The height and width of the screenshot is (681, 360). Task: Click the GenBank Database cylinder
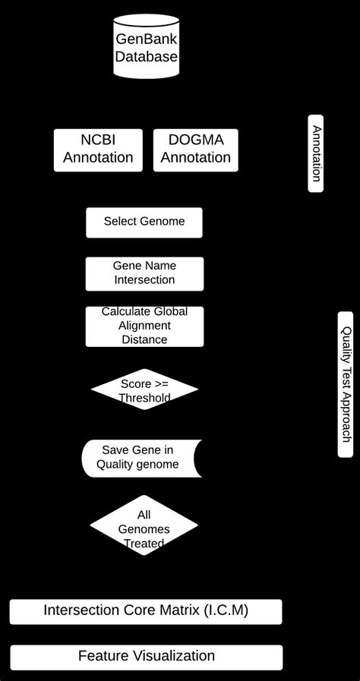pyautogui.click(x=147, y=47)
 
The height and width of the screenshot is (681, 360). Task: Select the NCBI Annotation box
pyautogui.click(x=98, y=150)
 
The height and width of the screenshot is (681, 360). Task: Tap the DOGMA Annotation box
pyautogui.click(x=195, y=150)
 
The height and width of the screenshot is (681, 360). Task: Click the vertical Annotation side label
pyautogui.click(x=315, y=153)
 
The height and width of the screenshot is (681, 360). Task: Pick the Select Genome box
pyautogui.click(x=144, y=222)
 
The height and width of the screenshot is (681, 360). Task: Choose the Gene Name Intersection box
pyautogui.click(x=144, y=273)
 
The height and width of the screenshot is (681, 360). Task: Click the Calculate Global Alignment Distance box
pyautogui.click(x=144, y=326)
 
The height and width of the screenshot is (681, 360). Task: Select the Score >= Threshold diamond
pyautogui.click(x=144, y=390)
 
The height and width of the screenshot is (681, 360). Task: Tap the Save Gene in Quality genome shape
pyautogui.click(x=141, y=458)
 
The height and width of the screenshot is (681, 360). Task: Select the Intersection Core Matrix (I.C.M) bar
pyautogui.click(x=146, y=611)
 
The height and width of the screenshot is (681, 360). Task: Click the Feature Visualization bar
pyautogui.click(x=147, y=657)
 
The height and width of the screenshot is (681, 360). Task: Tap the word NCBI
pyautogui.click(x=98, y=140)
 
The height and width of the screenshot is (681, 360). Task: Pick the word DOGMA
pyautogui.click(x=195, y=140)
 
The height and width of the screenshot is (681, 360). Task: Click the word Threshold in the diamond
pyautogui.click(x=144, y=398)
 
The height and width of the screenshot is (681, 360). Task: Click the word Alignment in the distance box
pyautogui.click(x=144, y=326)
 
